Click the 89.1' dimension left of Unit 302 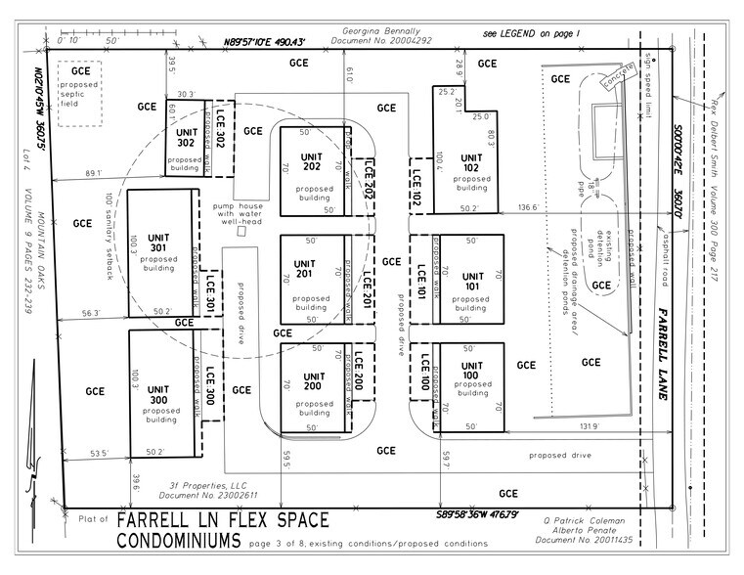point(96,174)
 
